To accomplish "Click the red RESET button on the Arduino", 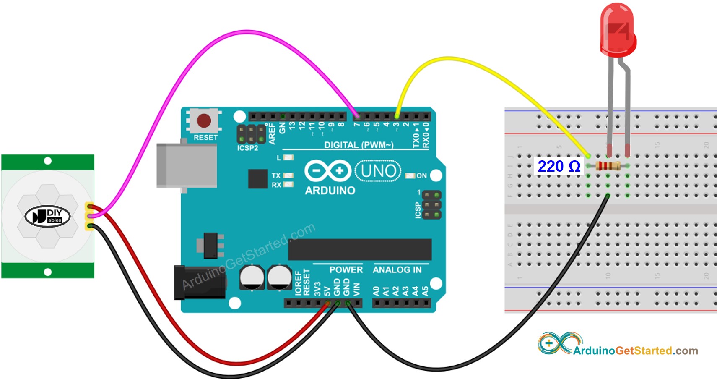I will [x=204, y=120].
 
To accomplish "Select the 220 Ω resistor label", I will [x=559, y=166].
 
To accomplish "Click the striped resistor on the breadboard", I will [x=608, y=166].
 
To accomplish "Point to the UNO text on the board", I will [x=378, y=171].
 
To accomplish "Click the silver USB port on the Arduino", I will [x=187, y=165].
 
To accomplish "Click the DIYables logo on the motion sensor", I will [x=47, y=216].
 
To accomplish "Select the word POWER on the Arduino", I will [x=346, y=270].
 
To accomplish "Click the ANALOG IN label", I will [x=397, y=270].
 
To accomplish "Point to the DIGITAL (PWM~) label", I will [x=358, y=145].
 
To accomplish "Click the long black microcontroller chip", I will [x=360, y=250].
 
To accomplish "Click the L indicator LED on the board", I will [x=288, y=158].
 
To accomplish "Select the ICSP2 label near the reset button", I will [x=248, y=148].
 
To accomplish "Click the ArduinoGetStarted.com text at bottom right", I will [x=635, y=351].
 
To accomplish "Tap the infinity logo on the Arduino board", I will [x=328, y=171].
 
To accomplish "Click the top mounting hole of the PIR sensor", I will [x=48, y=161].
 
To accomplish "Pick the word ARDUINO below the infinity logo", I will [x=330, y=191].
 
